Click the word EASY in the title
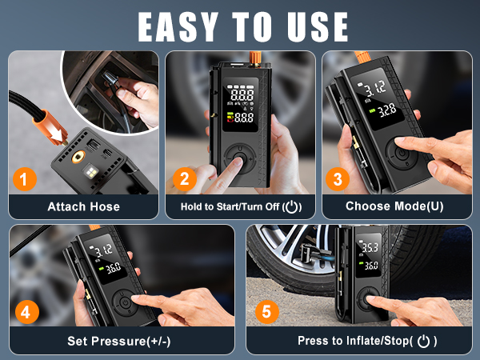(182, 26)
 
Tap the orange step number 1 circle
(26, 179)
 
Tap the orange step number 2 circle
(184, 179)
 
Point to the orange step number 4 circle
(26, 311)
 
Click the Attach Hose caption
(83, 206)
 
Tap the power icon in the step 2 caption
(294, 206)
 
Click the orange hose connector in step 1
(50, 128)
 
